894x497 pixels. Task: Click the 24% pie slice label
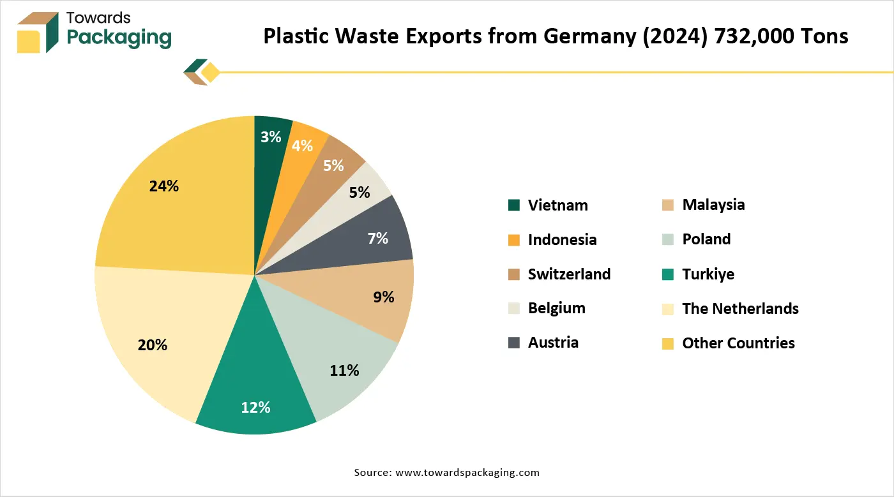click(163, 186)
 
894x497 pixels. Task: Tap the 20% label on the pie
click(152, 345)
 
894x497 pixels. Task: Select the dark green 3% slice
click(271, 137)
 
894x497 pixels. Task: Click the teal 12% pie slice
click(255, 407)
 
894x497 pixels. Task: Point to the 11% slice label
click(344, 370)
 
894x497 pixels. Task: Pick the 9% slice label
click(384, 297)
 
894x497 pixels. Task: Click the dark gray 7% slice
click(377, 239)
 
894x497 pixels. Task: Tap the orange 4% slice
click(301, 146)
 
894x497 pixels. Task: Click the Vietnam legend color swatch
click(514, 205)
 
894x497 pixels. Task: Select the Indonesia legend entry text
click(562, 240)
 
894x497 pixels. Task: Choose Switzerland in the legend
click(569, 274)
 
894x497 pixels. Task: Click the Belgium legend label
click(556, 308)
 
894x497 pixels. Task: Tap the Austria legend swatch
click(514, 343)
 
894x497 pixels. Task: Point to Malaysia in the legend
click(713, 205)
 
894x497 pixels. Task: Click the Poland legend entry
click(706, 239)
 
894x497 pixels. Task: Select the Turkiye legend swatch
click(668, 274)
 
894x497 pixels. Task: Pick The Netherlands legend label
click(740, 309)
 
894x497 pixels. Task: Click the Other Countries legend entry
click(738, 343)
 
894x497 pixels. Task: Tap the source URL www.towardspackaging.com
click(467, 473)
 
